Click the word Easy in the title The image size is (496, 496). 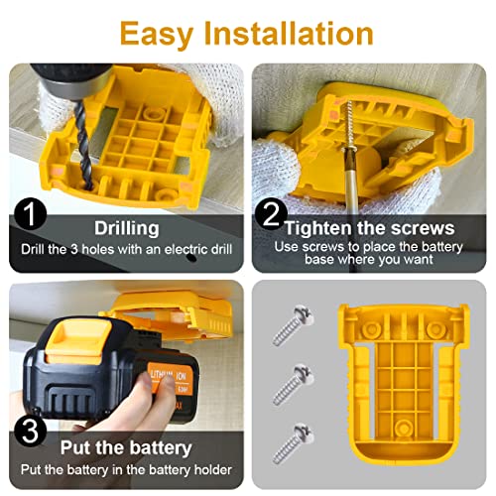[x=156, y=35]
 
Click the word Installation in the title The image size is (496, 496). [x=289, y=33]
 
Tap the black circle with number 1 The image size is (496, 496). [x=30, y=214]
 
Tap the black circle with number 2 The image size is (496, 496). [x=271, y=214]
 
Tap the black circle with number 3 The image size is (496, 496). [x=30, y=431]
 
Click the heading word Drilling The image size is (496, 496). [x=127, y=228]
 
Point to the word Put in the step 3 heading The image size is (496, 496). [x=76, y=447]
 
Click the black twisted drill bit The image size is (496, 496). [x=82, y=146]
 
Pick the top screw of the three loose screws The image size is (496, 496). [x=293, y=324]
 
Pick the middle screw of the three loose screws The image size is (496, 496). [x=293, y=384]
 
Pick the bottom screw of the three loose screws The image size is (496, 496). [x=293, y=443]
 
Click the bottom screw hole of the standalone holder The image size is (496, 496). [x=403, y=428]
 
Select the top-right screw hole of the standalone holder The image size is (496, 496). [x=434, y=329]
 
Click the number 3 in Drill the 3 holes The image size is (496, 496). [x=74, y=249]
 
